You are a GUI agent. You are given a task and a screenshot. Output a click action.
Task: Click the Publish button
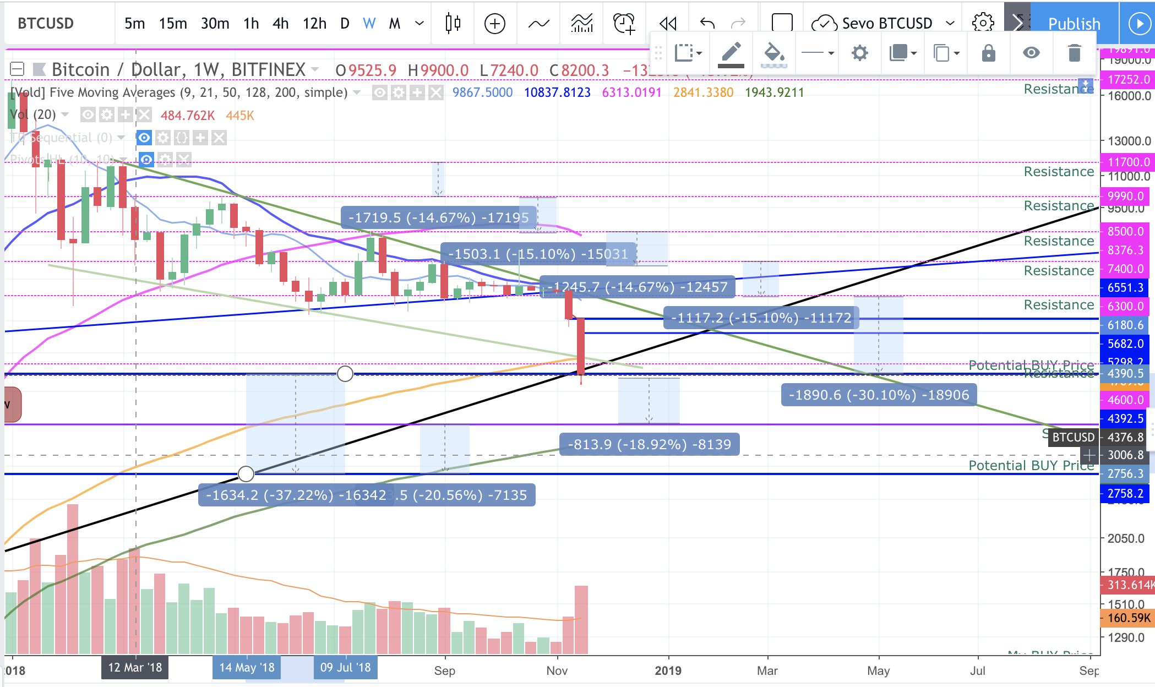point(1074,24)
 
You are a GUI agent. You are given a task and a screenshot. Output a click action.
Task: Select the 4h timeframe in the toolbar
point(280,24)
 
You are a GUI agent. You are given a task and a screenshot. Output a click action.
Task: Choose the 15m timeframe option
point(173,24)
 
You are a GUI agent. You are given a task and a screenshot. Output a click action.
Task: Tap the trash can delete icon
point(1074,53)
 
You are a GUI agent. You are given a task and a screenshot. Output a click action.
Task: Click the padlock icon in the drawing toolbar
point(988,53)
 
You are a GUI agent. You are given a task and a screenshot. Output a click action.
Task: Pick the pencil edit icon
point(731,53)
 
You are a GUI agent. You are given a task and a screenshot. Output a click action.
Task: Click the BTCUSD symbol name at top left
point(46,24)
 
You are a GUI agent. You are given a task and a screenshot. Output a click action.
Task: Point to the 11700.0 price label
point(1128,162)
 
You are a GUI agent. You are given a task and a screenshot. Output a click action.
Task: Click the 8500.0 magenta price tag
point(1125,232)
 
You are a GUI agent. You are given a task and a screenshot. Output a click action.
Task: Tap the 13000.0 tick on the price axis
point(1129,141)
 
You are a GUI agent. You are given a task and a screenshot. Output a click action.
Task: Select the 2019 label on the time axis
point(668,670)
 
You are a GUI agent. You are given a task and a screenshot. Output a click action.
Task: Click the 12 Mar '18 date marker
point(135,668)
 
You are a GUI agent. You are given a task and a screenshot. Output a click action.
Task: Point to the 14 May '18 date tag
point(247,668)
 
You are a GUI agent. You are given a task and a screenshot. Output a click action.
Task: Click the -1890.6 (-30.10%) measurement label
point(879,395)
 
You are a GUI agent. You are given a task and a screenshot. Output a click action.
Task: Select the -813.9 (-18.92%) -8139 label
point(649,445)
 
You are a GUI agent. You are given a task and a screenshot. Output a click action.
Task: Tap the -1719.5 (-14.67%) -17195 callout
point(438,218)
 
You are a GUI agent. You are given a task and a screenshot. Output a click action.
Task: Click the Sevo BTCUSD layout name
point(887,24)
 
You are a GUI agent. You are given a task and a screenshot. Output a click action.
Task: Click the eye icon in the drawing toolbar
point(1031,53)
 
